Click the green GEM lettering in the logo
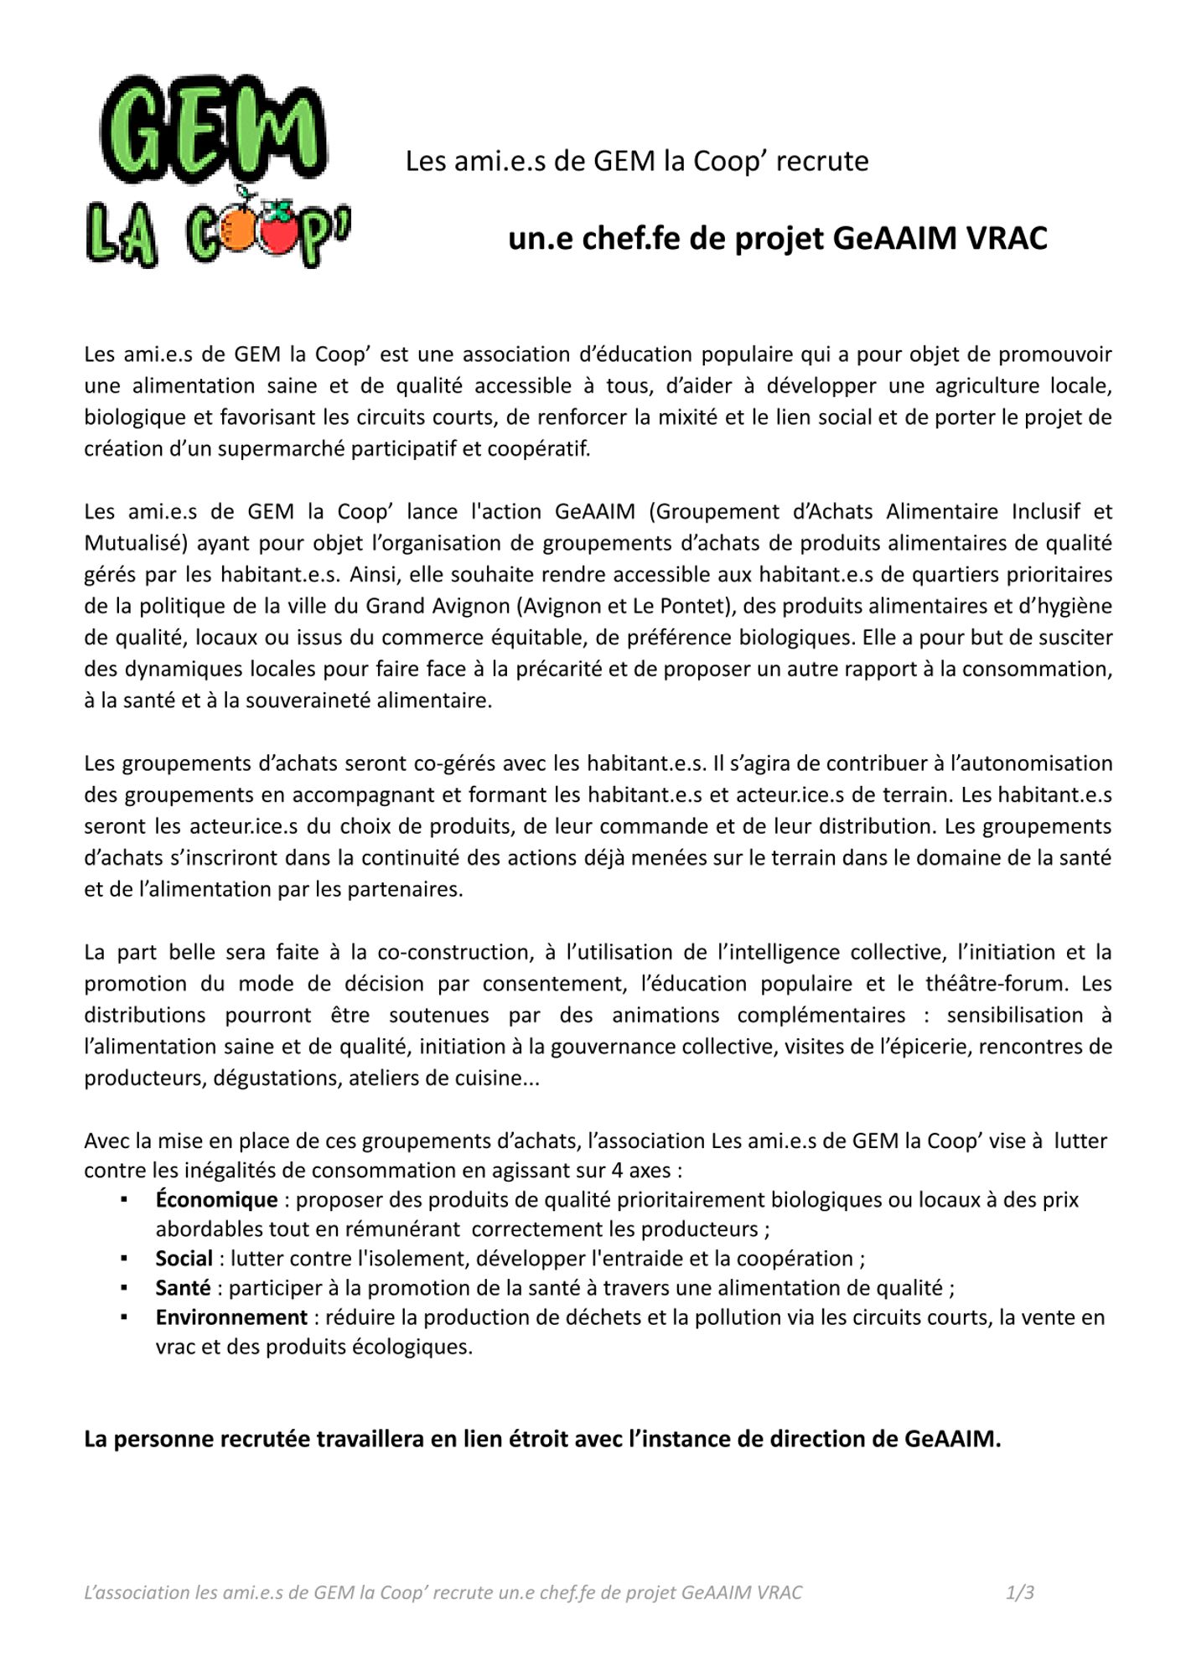(x=213, y=130)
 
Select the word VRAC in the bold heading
(x=1007, y=239)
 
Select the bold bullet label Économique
(x=216, y=1200)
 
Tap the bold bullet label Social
(x=184, y=1259)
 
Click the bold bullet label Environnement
(x=231, y=1317)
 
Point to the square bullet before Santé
(x=124, y=1289)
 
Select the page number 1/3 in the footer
(x=1019, y=1593)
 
